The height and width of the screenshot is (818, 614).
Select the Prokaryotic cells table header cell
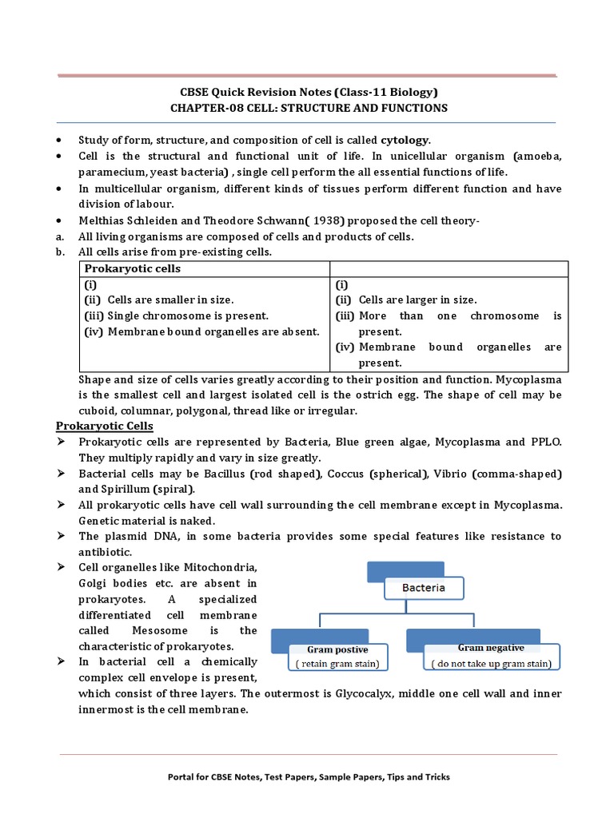133,268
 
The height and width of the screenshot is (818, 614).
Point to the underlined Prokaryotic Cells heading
115,426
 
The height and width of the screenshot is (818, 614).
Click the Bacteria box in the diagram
424,589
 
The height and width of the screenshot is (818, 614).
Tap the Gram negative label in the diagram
490,648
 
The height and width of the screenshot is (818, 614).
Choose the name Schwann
255,220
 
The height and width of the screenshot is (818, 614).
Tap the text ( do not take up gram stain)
491,663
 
